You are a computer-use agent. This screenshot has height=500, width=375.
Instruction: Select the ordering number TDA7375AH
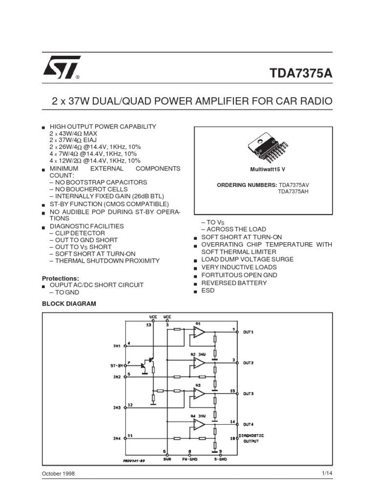(293, 191)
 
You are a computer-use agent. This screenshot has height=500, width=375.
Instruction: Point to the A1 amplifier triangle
(199, 332)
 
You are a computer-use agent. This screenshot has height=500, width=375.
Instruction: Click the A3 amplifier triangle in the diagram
(199, 394)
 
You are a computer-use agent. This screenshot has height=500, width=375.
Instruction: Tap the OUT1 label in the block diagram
(249, 331)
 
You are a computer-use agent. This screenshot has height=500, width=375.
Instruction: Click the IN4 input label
(117, 438)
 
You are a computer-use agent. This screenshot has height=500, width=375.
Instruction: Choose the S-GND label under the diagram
(221, 459)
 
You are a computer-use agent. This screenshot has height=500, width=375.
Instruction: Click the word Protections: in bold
(61, 278)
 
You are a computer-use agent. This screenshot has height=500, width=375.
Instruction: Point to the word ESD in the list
(208, 291)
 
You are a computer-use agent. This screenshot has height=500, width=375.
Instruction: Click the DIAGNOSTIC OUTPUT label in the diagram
(252, 437)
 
